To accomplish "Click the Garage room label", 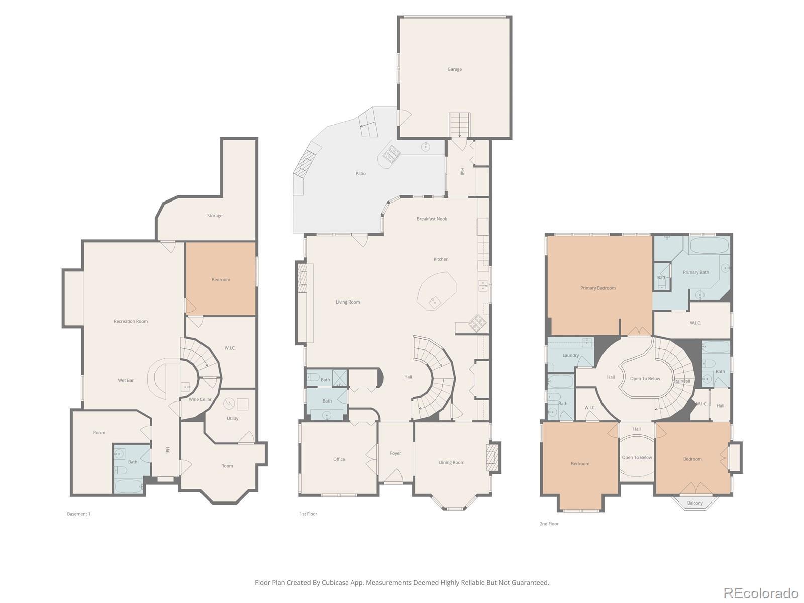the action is click(454, 69).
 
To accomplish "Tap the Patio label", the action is click(360, 173).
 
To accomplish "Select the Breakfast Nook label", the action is click(432, 219).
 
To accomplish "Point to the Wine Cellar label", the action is click(200, 399).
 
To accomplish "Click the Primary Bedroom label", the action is click(598, 288).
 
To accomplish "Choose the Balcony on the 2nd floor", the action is click(694, 502).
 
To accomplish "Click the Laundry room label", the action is click(570, 355).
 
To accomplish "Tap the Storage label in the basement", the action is click(214, 215).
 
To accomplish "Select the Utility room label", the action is click(232, 418).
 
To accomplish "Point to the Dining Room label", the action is click(451, 462).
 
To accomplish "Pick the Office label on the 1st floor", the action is click(339, 459).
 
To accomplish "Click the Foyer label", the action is click(395, 453).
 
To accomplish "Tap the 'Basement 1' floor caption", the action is click(78, 514).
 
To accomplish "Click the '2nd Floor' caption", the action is click(549, 524).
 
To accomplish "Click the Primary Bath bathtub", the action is click(709, 245).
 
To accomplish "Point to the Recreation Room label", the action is click(130, 321).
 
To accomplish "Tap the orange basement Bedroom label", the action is click(221, 280).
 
